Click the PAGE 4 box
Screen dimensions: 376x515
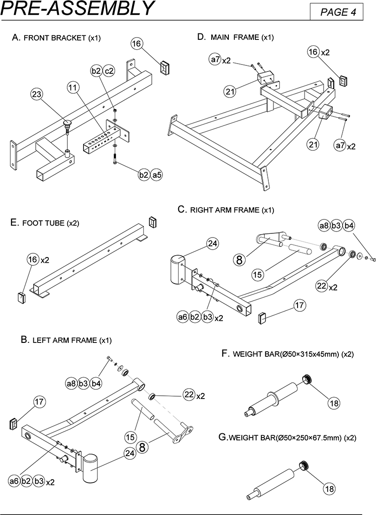click(x=337, y=12)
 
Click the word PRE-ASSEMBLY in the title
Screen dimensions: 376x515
click(x=77, y=8)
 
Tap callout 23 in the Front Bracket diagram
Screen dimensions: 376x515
click(x=37, y=94)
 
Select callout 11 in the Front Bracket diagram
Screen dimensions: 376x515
click(x=73, y=88)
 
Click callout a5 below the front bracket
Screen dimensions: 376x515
click(x=157, y=175)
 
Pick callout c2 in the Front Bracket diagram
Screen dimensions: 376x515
click(x=109, y=71)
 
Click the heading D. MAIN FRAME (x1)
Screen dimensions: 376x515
click(x=235, y=37)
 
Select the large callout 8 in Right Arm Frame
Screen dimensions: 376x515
click(x=239, y=259)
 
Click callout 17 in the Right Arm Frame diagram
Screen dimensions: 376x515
click(x=299, y=305)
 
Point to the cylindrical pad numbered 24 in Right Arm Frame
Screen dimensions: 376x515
click(x=177, y=270)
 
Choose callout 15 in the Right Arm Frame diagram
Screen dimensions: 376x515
click(x=258, y=274)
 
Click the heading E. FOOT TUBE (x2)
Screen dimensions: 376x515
click(x=45, y=223)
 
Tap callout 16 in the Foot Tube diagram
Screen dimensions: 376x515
click(x=33, y=260)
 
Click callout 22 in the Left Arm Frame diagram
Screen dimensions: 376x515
click(x=189, y=394)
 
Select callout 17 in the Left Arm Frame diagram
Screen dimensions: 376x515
click(x=40, y=401)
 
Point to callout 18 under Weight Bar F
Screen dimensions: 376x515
click(x=334, y=403)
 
